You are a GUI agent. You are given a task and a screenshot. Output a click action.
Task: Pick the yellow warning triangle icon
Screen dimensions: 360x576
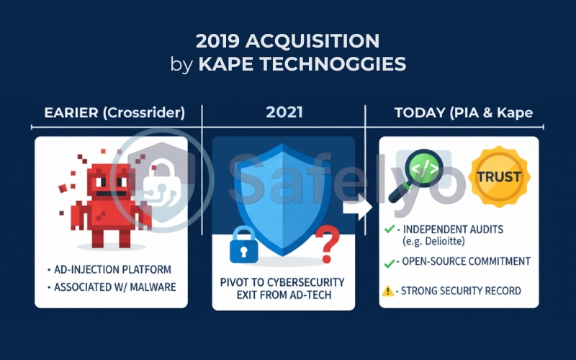[389, 292]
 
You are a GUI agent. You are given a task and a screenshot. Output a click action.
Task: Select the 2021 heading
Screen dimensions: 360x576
[284, 112]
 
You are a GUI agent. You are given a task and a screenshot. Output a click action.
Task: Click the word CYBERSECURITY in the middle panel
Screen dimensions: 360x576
[302, 281]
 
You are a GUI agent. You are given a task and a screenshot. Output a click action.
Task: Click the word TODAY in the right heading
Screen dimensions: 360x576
[418, 112]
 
